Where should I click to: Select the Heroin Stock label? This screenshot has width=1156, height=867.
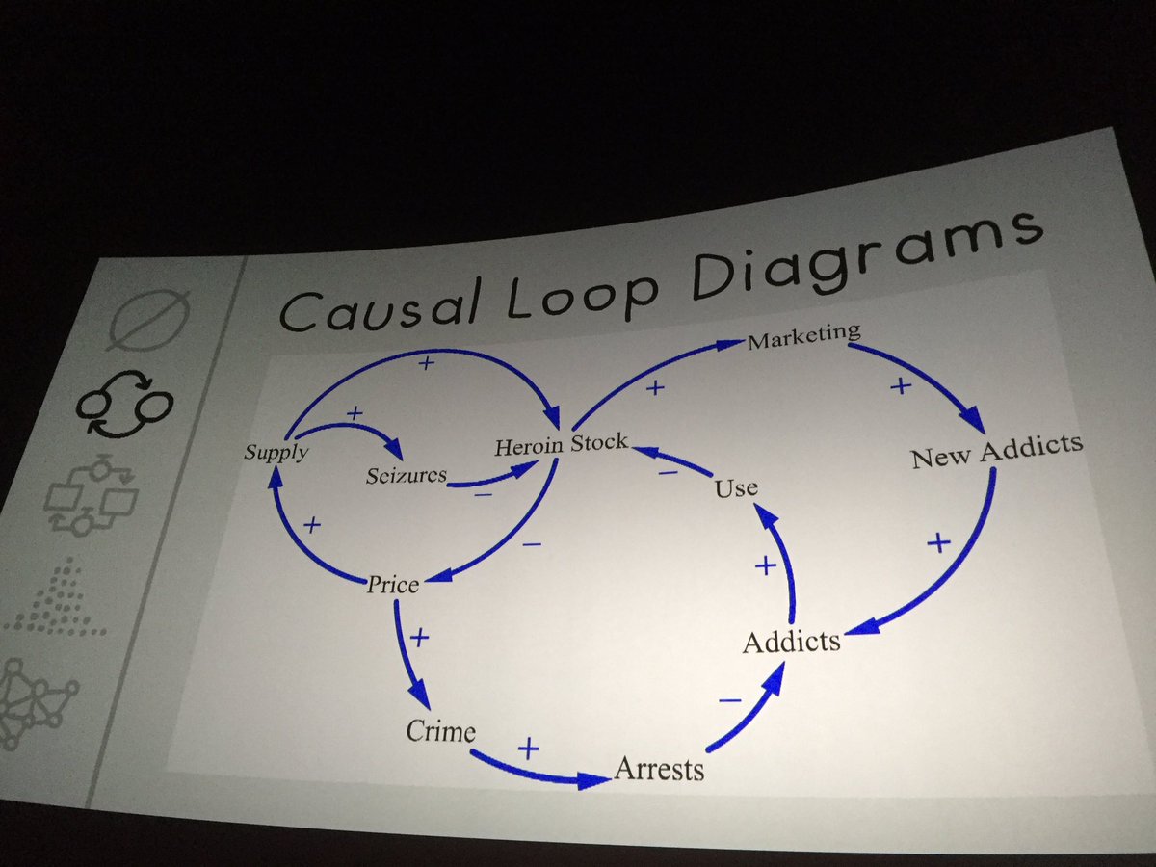click(x=561, y=445)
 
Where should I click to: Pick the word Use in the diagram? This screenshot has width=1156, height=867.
click(x=736, y=488)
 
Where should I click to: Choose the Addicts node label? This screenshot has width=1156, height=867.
click(x=791, y=641)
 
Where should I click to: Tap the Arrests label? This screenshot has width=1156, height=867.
click(x=659, y=769)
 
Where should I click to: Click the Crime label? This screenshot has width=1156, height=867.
click(x=440, y=731)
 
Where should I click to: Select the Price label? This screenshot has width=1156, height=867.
click(x=392, y=583)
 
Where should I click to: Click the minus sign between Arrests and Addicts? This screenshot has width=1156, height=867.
click(x=729, y=700)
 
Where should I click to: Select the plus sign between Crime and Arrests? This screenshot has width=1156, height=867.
click(x=528, y=748)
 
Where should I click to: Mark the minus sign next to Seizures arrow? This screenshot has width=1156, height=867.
click(x=483, y=494)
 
